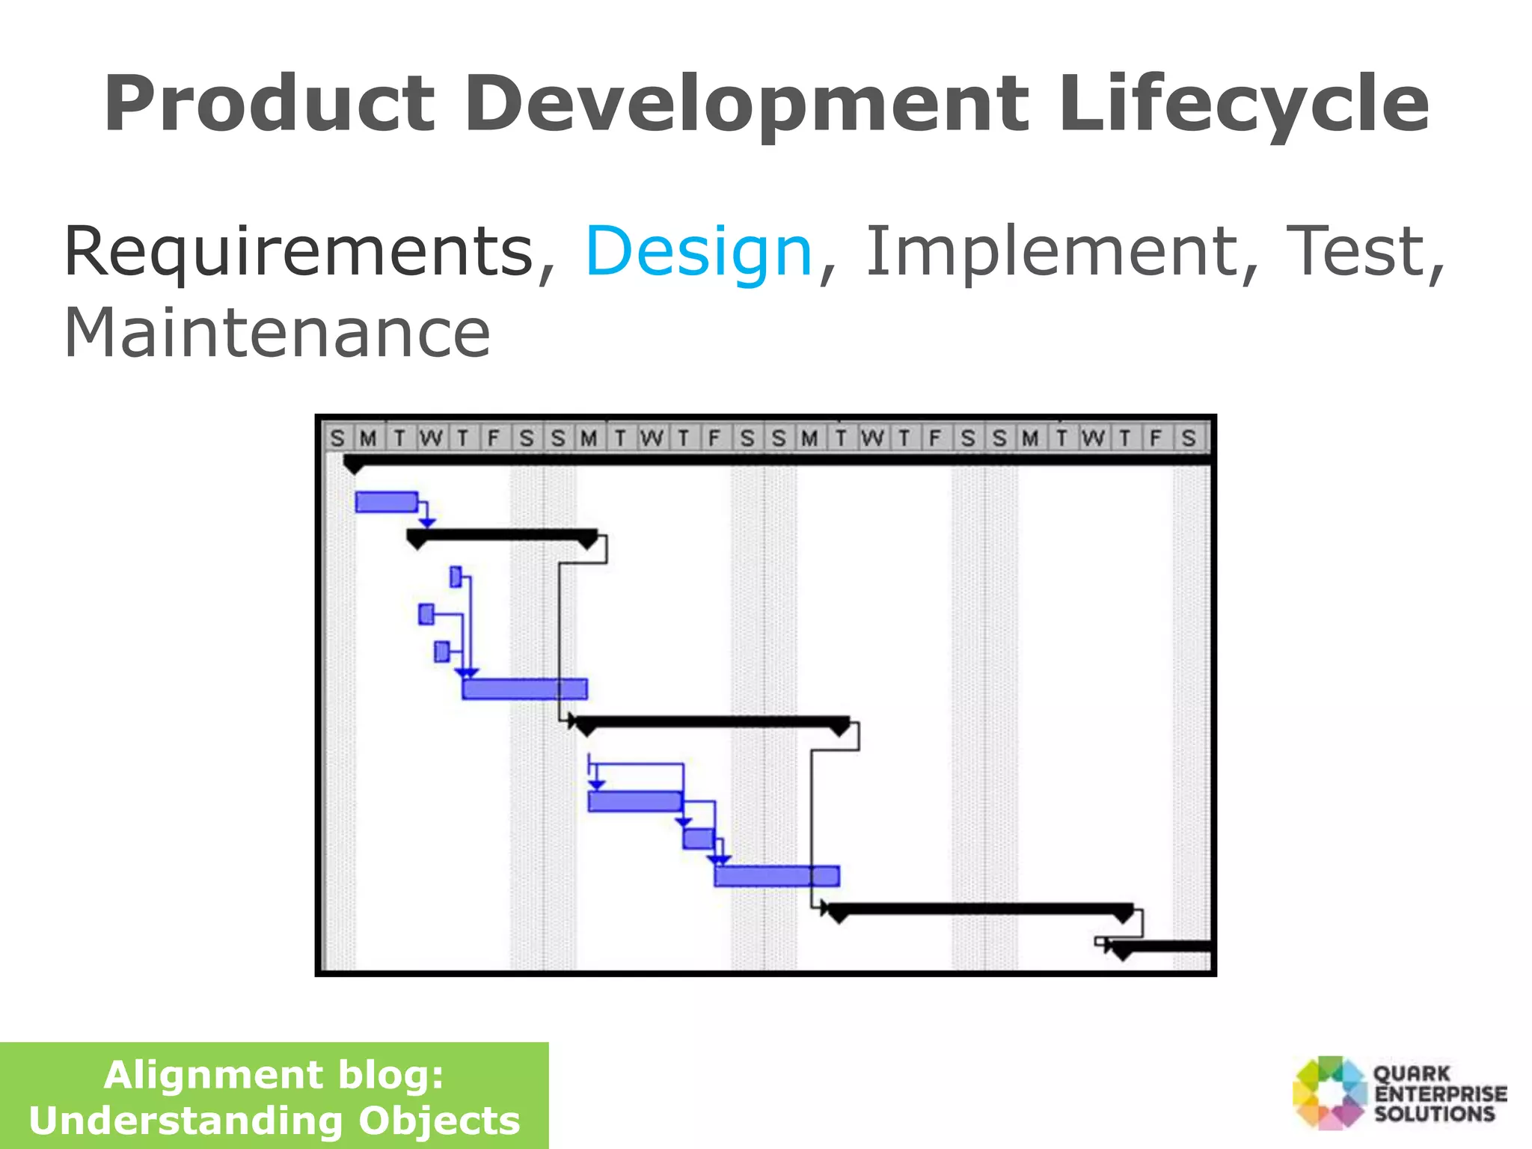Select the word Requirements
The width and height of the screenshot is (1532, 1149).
(299, 251)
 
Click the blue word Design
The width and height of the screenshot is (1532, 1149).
(698, 253)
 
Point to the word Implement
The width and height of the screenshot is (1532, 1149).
(1050, 251)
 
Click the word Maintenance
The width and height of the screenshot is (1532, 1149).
(277, 333)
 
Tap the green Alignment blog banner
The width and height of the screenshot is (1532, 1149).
(274, 1095)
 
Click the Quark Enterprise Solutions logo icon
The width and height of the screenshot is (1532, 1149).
(1330, 1092)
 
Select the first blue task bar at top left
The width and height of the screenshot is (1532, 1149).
(386, 502)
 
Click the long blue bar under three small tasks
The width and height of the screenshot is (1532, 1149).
(524, 689)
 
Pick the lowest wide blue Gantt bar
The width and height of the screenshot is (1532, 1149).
(776, 876)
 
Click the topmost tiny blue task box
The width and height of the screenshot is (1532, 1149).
(456, 577)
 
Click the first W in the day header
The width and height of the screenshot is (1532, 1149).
(431, 438)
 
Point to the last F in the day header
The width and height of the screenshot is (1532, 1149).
(1156, 438)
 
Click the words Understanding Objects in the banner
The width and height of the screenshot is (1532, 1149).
(274, 1121)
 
